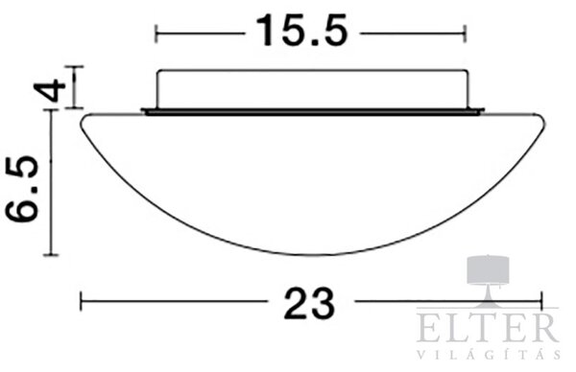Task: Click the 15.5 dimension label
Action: tap(302, 31)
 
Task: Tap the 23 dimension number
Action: tap(309, 303)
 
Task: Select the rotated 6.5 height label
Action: tap(22, 189)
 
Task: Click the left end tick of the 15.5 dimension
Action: tap(156, 34)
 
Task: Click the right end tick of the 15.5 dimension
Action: tap(466, 34)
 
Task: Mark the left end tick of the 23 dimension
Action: tap(82, 301)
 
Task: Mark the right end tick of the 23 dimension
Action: tap(541, 301)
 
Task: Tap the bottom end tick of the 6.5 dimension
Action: tap(51, 254)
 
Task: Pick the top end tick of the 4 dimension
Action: tap(75, 67)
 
